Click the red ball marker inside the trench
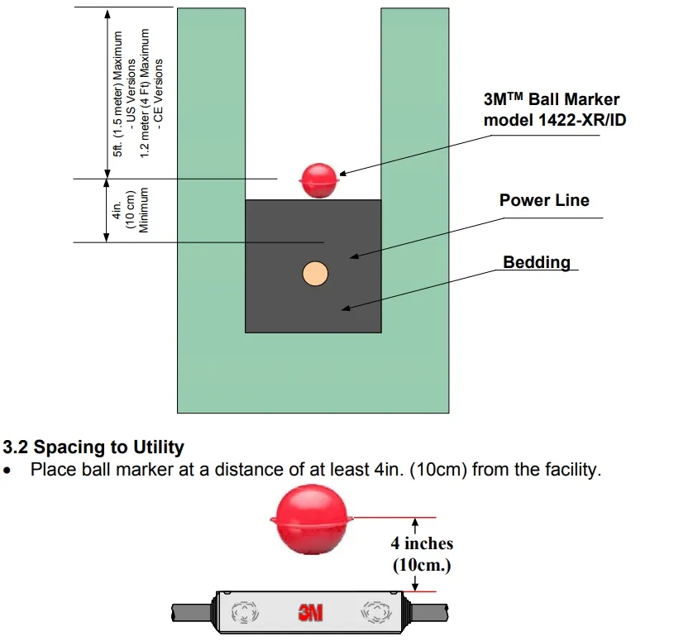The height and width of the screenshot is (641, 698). tap(319, 179)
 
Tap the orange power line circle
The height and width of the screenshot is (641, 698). tap(315, 273)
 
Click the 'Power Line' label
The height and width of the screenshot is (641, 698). tap(544, 200)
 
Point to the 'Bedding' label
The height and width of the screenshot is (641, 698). tap(537, 262)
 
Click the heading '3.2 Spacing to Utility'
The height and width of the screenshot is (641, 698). tap(93, 447)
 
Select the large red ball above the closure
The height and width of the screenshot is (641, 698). tap(313, 519)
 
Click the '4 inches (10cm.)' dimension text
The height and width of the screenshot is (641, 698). tap(422, 554)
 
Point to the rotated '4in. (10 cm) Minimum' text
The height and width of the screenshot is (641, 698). tap(130, 210)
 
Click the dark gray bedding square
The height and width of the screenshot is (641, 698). tap(281, 306)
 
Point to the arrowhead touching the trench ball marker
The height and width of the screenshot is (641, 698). tap(342, 174)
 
